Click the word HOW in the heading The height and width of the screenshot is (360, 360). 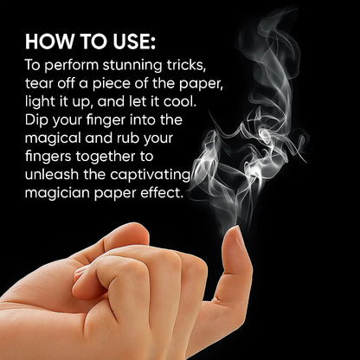[49, 42]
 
